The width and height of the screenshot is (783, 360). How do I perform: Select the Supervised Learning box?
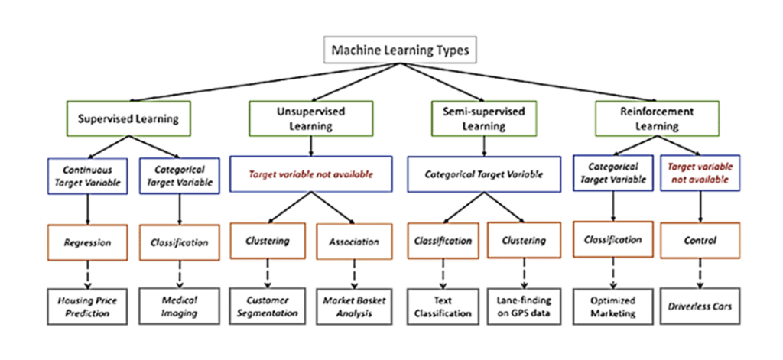(x=128, y=118)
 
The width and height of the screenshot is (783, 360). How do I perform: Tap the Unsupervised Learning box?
(x=309, y=118)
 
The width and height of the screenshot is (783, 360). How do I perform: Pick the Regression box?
(x=89, y=242)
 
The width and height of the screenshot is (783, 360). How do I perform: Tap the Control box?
(x=700, y=240)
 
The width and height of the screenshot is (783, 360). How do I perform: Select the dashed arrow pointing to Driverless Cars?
(x=700, y=274)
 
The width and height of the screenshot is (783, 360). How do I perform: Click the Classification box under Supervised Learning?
(x=180, y=242)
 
